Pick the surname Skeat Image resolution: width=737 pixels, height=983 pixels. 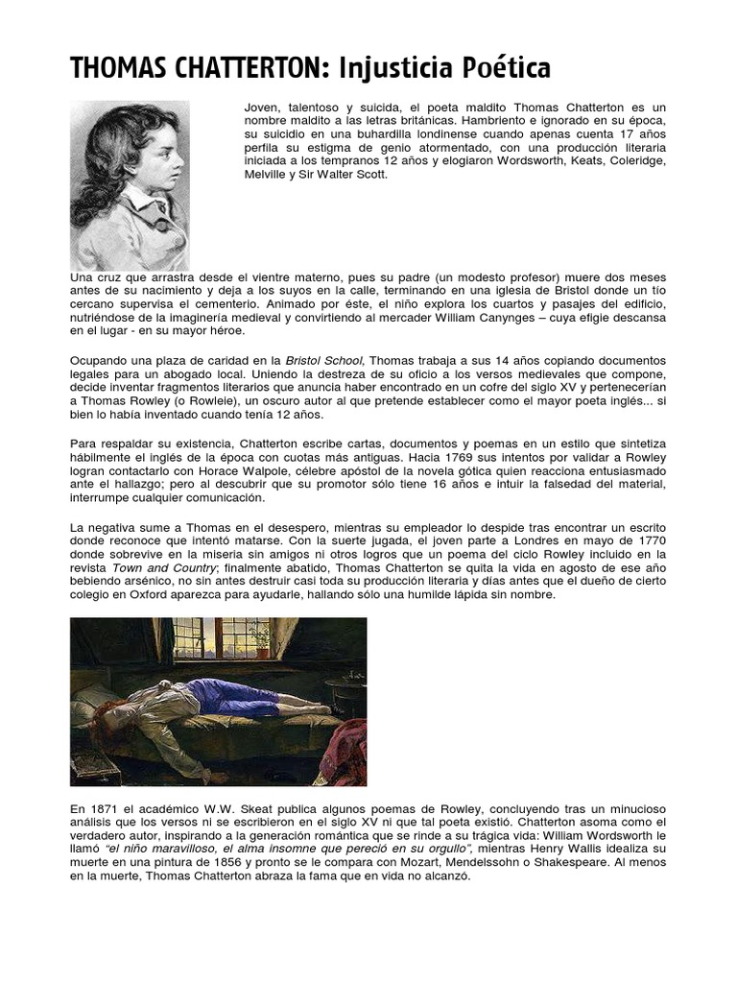tap(265, 809)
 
